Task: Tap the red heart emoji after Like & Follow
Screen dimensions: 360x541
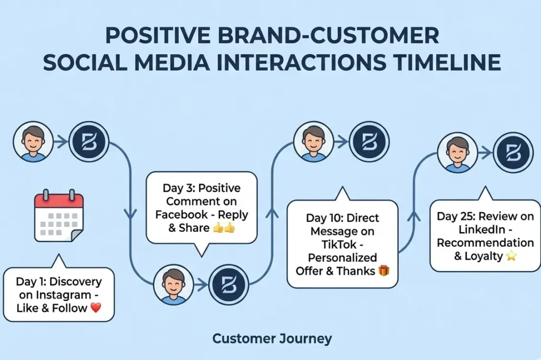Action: coord(96,308)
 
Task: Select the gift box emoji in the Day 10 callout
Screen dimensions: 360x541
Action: coord(384,271)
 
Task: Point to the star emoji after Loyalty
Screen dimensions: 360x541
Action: coord(511,256)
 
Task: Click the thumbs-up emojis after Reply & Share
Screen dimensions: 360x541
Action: coord(223,228)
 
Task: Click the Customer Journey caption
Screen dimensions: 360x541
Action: coord(272,338)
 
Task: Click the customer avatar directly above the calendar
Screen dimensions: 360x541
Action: coord(33,142)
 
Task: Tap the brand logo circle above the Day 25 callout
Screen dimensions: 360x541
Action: coord(512,153)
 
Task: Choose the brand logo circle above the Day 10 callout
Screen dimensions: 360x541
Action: coord(369,142)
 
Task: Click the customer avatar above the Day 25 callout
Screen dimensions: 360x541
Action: coord(458,153)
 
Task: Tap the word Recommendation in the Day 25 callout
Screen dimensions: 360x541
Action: coord(485,243)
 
